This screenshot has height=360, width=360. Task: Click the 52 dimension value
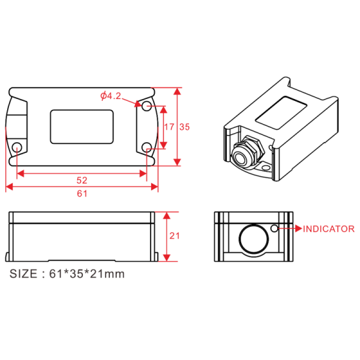click(82, 180)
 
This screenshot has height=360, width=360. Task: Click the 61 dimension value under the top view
click(82, 194)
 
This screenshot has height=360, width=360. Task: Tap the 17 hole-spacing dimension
click(169, 127)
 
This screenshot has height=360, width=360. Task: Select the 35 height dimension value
click(185, 127)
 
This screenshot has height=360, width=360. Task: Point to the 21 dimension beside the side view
click(175, 236)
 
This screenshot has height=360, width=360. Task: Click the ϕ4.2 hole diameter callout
click(110, 96)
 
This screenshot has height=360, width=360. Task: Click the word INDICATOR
click(329, 229)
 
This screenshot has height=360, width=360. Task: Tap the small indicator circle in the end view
click(274, 229)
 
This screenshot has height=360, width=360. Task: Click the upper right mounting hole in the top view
click(146, 106)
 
